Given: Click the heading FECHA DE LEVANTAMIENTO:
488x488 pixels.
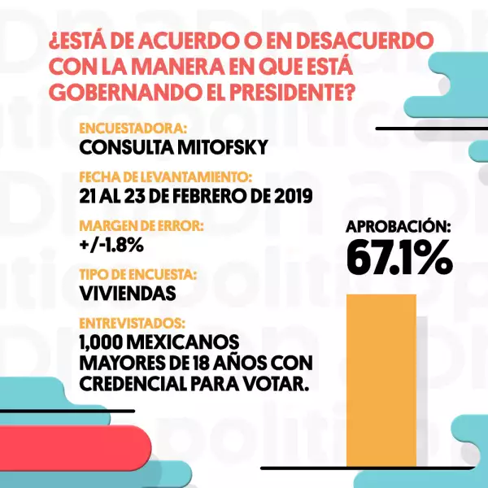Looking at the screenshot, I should (x=166, y=176).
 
